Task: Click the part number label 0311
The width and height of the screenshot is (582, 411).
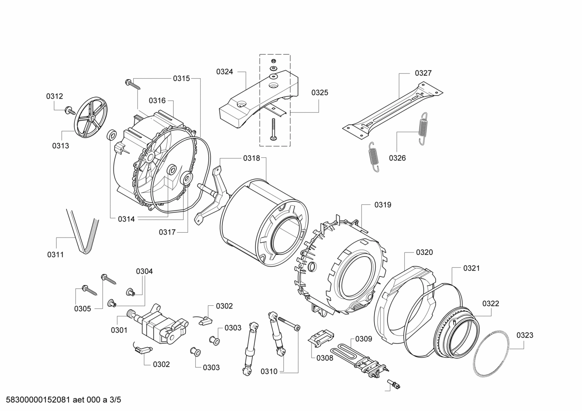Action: (x=56, y=255)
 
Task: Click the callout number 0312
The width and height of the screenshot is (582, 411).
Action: (x=54, y=96)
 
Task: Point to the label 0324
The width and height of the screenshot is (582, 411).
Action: (x=225, y=72)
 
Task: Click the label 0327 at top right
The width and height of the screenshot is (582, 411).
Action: (x=423, y=73)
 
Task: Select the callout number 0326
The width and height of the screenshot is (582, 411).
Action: (x=397, y=158)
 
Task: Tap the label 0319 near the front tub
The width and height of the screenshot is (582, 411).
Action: (x=383, y=205)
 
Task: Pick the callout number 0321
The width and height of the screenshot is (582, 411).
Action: (x=471, y=268)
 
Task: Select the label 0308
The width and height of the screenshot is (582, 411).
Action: (x=324, y=358)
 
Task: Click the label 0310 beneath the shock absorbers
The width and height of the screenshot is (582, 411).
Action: (x=269, y=371)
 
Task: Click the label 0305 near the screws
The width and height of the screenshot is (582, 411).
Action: (x=82, y=309)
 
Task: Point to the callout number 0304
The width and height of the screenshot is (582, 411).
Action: (x=144, y=271)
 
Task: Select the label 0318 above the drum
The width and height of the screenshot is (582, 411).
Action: (x=251, y=159)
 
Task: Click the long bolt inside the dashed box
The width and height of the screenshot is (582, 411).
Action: (x=274, y=129)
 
